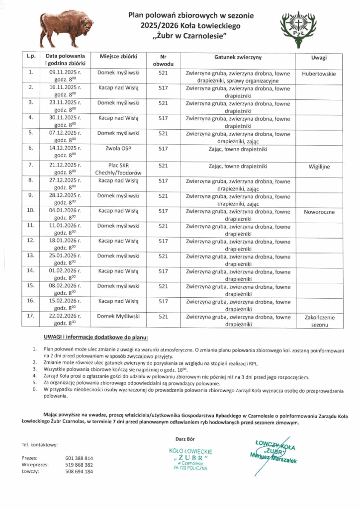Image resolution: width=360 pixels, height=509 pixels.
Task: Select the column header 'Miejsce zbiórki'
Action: click(118, 58)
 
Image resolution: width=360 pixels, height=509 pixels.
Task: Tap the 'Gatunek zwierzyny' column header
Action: click(238, 58)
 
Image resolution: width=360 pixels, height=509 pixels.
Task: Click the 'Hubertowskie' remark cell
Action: click(319, 74)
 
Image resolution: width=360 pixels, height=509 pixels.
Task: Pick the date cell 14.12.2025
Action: click(65, 148)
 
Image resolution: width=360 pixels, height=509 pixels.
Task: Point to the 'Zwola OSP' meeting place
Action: click(118, 148)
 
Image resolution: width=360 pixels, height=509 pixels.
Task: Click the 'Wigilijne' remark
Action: click(319, 167)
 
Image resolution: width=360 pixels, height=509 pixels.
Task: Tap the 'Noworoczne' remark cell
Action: click(319, 211)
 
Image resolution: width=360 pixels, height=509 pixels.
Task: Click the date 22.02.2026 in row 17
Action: click(65, 316)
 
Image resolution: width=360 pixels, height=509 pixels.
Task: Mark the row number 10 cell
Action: click(31, 211)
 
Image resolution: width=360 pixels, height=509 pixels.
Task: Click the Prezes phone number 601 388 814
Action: click(79, 458)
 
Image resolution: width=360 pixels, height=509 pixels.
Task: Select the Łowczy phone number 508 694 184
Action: click(79, 472)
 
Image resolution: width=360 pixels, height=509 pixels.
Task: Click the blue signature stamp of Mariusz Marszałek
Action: click(273, 451)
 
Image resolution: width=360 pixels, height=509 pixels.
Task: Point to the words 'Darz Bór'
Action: click(185, 438)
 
